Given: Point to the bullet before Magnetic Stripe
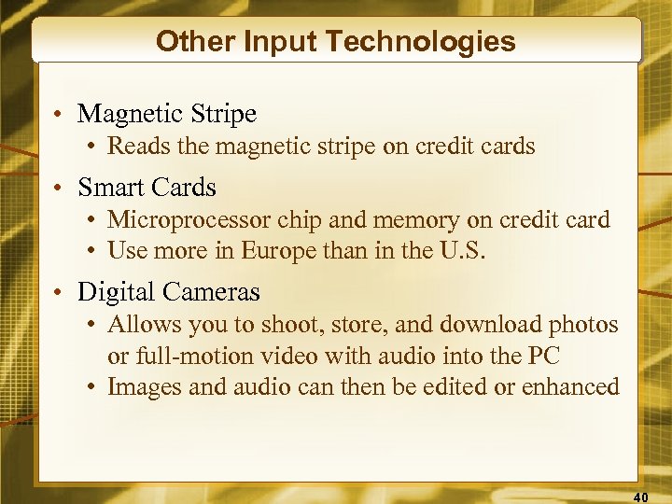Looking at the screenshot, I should coord(59,115).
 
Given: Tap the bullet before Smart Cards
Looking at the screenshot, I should coord(59,189).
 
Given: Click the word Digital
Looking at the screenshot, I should coord(115,292).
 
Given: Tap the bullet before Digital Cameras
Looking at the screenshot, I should coord(59,293).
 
